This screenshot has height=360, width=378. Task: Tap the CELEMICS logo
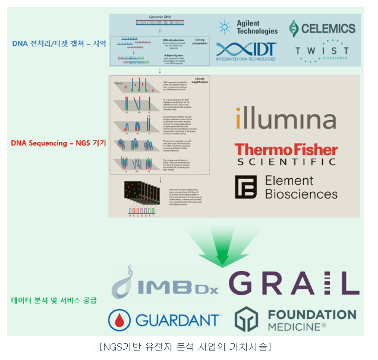pyautogui.click(x=322, y=28)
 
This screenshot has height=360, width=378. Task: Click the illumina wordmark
pyautogui.click(x=285, y=118)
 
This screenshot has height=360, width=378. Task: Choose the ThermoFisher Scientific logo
pyautogui.click(x=286, y=154)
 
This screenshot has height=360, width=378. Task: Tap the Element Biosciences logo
pyautogui.click(x=286, y=187)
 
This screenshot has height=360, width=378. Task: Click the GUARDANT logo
pyautogui.click(x=164, y=320)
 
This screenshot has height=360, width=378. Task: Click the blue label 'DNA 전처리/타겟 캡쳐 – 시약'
pyautogui.click(x=59, y=43)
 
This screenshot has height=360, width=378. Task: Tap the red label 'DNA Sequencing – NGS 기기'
pyautogui.click(x=58, y=143)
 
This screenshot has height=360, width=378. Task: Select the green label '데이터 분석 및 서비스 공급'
pyautogui.click(x=54, y=300)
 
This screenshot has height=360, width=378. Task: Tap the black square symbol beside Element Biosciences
pyautogui.click(x=245, y=187)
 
